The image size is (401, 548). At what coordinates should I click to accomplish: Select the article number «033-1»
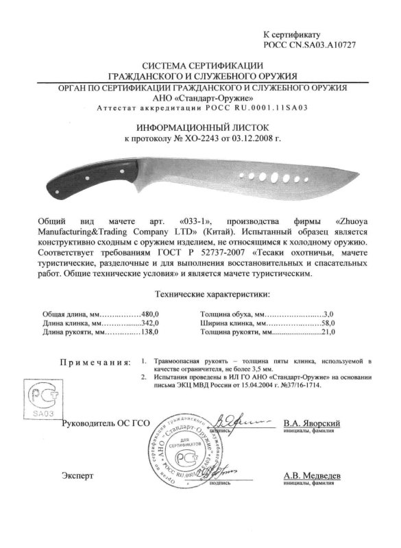click(199, 223)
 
